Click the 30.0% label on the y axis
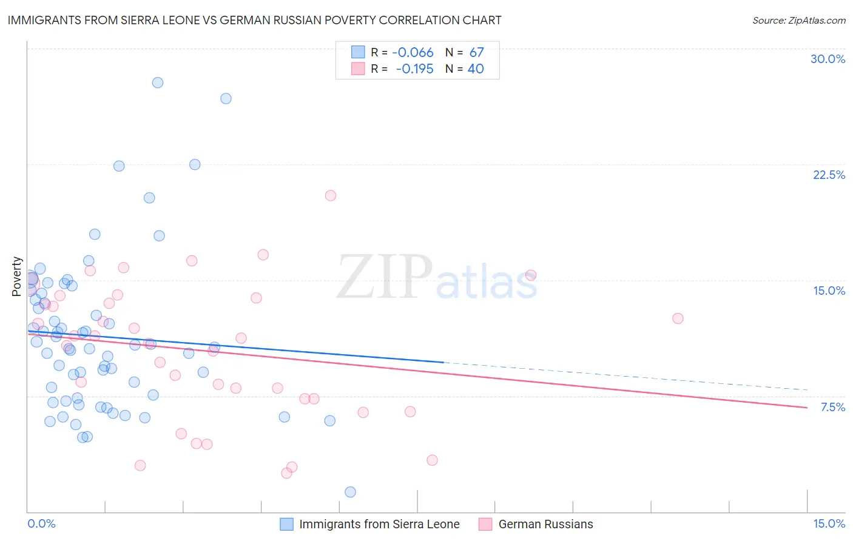click(x=828, y=59)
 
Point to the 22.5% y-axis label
click(x=829, y=175)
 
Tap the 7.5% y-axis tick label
click(x=832, y=407)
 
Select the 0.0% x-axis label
click(x=41, y=523)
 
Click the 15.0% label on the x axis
click(x=828, y=523)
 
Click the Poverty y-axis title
click(x=17, y=277)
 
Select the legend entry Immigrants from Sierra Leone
click(x=379, y=524)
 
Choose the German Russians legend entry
click(x=545, y=524)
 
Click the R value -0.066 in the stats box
click(x=413, y=53)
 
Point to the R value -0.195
click(x=414, y=69)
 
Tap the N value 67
click(x=476, y=53)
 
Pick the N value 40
click(x=476, y=69)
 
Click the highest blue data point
click(x=158, y=82)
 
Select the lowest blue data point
click(x=350, y=492)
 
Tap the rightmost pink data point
click(x=678, y=318)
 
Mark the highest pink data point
click(x=331, y=195)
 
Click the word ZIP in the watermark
click(x=385, y=278)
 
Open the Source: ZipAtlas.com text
click(x=798, y=21)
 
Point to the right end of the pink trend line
click(x=807, y=408)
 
